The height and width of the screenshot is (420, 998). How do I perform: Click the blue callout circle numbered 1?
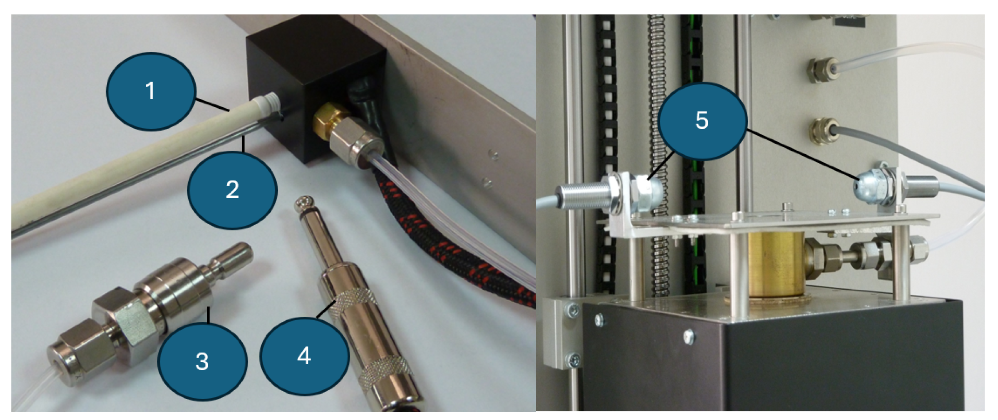pos(151,91)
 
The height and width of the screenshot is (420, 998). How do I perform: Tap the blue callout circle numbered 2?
pos(233,190)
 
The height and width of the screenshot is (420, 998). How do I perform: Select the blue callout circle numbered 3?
pos(202,361)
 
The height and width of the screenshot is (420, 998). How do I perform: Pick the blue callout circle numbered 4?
pos(304,356)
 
